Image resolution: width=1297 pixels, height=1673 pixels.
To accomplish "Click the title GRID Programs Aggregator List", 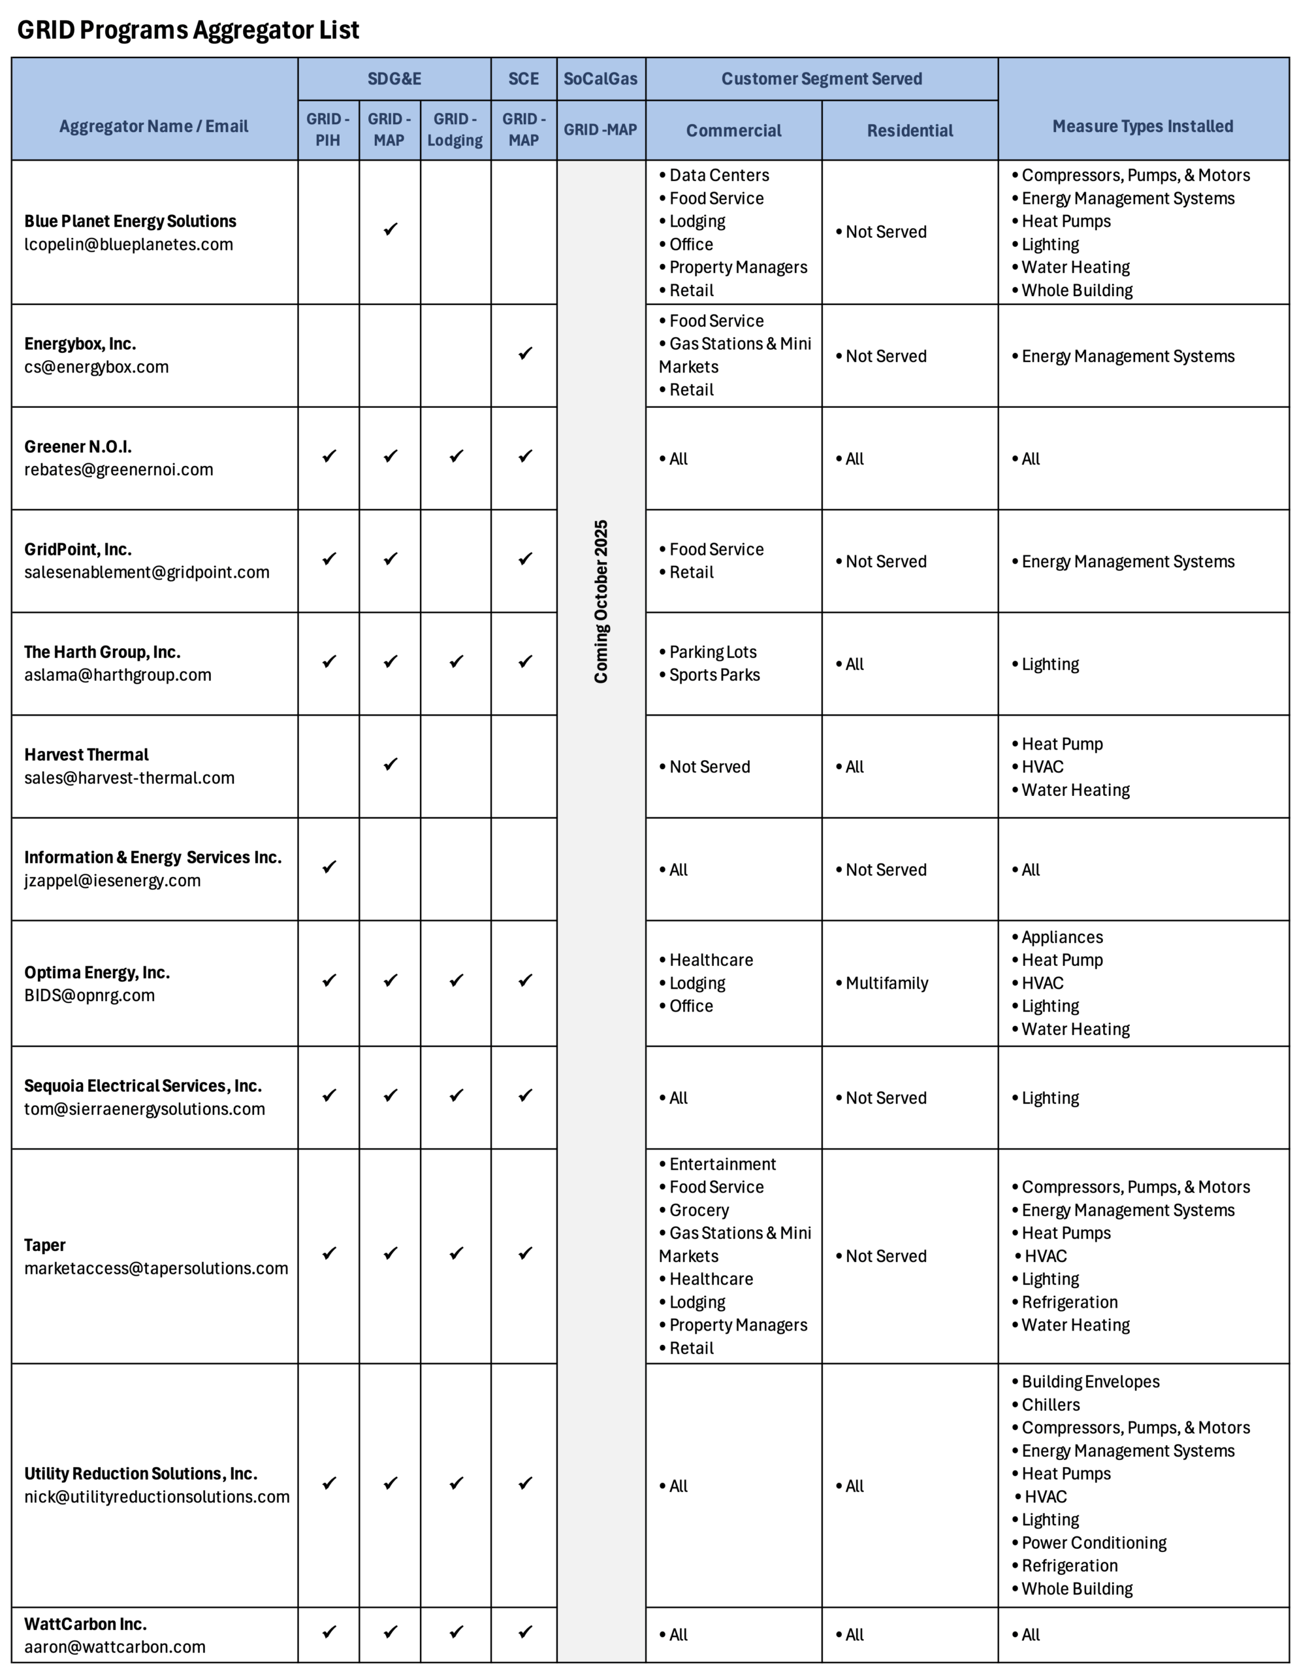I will [x=187, y=30].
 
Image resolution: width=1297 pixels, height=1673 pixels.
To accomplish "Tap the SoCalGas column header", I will [x=600, y=79].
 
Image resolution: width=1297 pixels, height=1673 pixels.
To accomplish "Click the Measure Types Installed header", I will [x=1142, y=126].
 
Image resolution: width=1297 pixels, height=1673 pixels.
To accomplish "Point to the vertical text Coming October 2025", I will [x=601, y=601].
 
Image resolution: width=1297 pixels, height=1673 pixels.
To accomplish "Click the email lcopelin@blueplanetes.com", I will [x=129, y=244].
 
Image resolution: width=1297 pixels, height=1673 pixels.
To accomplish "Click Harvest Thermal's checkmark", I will [x=391, y=765].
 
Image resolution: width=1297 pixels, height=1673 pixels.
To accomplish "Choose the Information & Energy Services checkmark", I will [x=329, y=867].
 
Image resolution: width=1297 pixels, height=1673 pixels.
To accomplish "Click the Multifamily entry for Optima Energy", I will [x=887, y=984].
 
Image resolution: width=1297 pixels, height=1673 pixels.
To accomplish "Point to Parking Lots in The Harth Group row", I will [x=712, y=652].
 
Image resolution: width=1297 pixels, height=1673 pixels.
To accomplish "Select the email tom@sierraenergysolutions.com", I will [x=145, y=1109].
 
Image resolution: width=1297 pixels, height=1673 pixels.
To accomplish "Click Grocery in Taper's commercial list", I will [x=698, y=1210].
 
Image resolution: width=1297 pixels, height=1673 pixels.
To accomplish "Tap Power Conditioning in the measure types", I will [x=1093, y=1543].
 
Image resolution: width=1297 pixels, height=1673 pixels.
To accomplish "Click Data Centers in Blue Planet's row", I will [x=718, y=175].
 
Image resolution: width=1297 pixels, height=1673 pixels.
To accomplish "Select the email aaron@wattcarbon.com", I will [x=115, y=1647].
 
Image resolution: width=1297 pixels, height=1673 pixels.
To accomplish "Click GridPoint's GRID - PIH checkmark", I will [x=329, y=559].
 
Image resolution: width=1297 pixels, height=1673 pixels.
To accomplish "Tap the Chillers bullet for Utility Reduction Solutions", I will [x=1049, y=1405].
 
